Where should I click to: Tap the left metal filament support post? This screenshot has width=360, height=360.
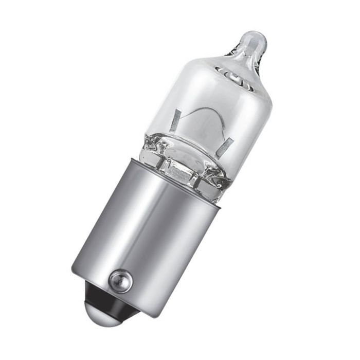click(175, 122)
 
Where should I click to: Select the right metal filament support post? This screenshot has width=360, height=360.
click(224, 148)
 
